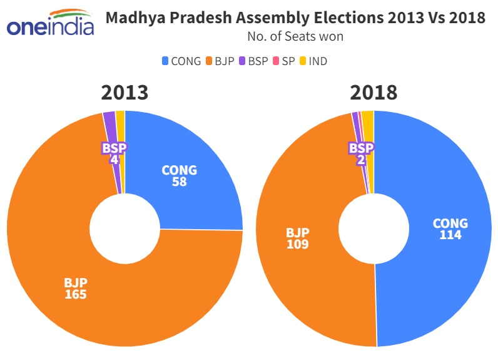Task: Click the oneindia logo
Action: (x=49, y=24)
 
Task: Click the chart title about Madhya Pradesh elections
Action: (x=295, y=18)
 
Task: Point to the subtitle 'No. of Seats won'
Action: (x=295, y=36)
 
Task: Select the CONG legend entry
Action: (x=181, y=61)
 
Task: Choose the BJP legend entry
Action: (x=221, y=61)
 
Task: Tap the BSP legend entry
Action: (x=257, y=61)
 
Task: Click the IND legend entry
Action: (x=313, y=61)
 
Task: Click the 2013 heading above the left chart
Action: (x=124, y=93)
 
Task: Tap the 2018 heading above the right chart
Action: (x=373, y=93)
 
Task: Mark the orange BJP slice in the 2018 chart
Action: (x=307, y=188)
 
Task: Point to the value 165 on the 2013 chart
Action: (x=75, y=294)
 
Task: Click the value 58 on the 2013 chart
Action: (x=180, y=182)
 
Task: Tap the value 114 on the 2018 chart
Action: (x=450, y=235)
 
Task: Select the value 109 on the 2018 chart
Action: (x=298, y=244)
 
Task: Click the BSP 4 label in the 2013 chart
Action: (x=114, y=154)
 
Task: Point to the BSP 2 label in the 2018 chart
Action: (x=361, y=154)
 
